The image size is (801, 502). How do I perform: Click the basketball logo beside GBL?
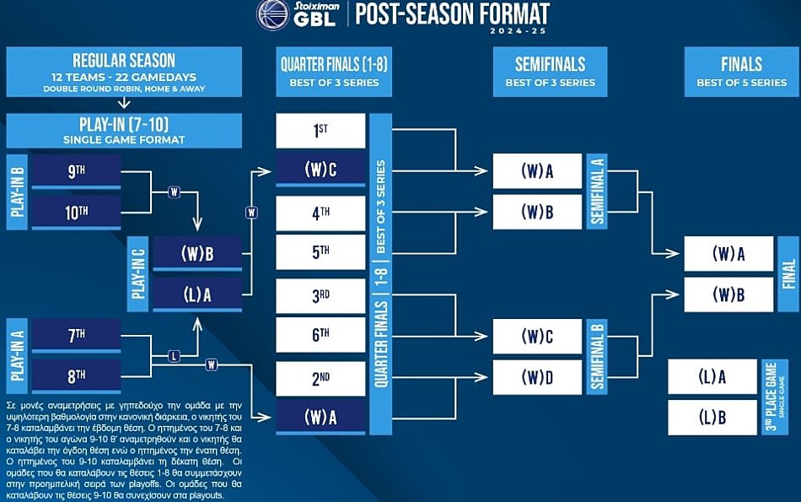pos(273,14)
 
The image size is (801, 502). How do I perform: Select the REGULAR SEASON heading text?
pos(124,60)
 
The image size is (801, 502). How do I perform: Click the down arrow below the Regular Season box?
pos(124,103)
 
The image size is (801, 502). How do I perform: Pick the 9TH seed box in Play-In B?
pos(76,171)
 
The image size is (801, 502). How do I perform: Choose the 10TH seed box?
pos(76,212)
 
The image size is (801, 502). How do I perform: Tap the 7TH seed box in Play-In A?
pos(76,335)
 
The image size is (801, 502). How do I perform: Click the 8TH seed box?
pos(76,376)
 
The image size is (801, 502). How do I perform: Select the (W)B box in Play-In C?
pos(197,254)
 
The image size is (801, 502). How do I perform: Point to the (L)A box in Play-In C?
pos(197,294)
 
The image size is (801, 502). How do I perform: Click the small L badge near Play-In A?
pos(174,356)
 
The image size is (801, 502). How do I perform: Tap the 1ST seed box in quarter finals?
pos(320,131)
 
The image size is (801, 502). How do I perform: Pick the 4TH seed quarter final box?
pos(320,213)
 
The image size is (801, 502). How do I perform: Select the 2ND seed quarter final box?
pos(320,378)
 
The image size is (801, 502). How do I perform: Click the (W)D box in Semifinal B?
pos(537,377)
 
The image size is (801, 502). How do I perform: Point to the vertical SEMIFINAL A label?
pos(597,192)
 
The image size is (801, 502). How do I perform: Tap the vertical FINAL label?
pos(788,274)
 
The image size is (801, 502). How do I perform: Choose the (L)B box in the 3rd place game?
pos(712,418)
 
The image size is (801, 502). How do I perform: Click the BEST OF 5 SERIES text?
pos(741,83)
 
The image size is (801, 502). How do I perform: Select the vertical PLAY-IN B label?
pos(17,192)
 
